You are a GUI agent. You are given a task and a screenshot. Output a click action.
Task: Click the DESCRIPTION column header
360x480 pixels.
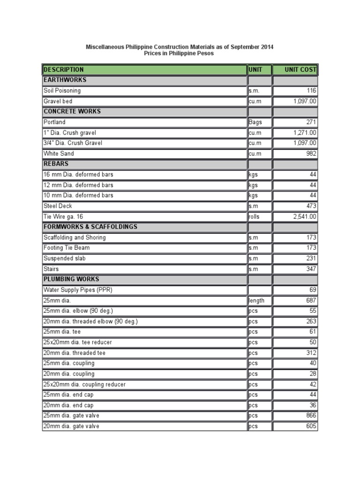pos(64,69)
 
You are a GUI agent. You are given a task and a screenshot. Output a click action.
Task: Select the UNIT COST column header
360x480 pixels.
pos(300,69)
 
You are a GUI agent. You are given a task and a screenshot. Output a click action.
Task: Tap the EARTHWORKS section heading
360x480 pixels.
pos(65,80)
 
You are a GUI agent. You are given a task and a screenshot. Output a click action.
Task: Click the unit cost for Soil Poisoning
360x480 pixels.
pos(311,90)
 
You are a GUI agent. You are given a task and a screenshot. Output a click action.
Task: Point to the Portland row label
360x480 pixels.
pos(55,122)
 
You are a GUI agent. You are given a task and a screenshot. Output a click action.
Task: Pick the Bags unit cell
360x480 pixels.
pos(256,122)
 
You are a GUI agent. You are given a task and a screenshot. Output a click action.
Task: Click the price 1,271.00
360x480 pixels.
pos(305,133)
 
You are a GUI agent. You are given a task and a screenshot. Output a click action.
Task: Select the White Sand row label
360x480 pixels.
pos(59,153)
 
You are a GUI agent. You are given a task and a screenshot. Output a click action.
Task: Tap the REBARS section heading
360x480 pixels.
pos(56,164)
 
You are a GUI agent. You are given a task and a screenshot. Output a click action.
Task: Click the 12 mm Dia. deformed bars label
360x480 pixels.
pos(78,185)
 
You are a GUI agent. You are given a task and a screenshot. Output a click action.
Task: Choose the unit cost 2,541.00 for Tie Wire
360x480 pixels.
pos(305,217)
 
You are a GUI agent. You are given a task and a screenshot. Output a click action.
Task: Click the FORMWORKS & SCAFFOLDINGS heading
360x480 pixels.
pos(90,227)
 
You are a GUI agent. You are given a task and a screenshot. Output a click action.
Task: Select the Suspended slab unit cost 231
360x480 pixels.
pos(311,258)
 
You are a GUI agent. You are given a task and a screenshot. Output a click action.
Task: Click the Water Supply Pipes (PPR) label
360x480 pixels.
pos(78,290)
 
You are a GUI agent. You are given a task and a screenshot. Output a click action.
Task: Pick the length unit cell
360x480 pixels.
pos(257,300)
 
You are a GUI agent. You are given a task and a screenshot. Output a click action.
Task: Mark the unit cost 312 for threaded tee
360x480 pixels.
pos(311,353)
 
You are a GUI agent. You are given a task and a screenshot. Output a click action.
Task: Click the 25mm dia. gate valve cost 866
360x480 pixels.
pos(311,415)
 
